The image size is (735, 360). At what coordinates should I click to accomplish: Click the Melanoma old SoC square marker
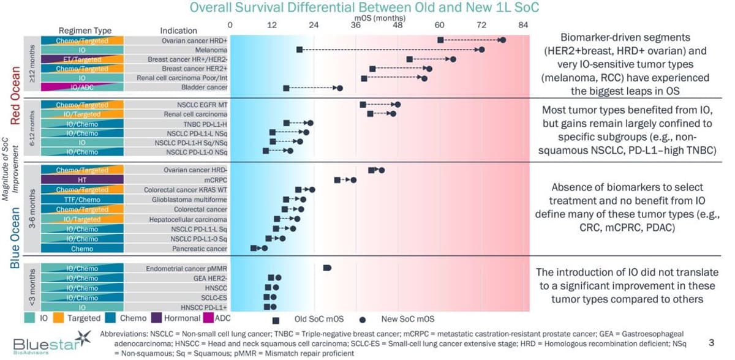tap(299, 50)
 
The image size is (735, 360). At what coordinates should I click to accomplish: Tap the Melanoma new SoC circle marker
tap(482, 50)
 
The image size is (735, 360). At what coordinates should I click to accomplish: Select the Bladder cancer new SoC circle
tap(340, 88)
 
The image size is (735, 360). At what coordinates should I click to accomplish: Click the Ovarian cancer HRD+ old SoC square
tap(441, 40)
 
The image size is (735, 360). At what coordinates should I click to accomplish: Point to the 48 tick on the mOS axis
tap(398, 25)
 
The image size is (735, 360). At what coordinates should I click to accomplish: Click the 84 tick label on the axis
tap(523, 25)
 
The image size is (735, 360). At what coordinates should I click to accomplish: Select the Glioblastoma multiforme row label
tap(190, 200)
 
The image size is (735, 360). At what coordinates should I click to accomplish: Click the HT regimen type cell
tap(81, 180)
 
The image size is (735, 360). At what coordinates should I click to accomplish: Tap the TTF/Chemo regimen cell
tap(81, 200)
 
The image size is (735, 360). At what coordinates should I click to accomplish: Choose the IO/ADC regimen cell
tap(81, 88)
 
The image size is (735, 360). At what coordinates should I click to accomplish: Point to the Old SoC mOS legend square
tap(276, 320)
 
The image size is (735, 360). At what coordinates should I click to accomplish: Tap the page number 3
tap(710, 342)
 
